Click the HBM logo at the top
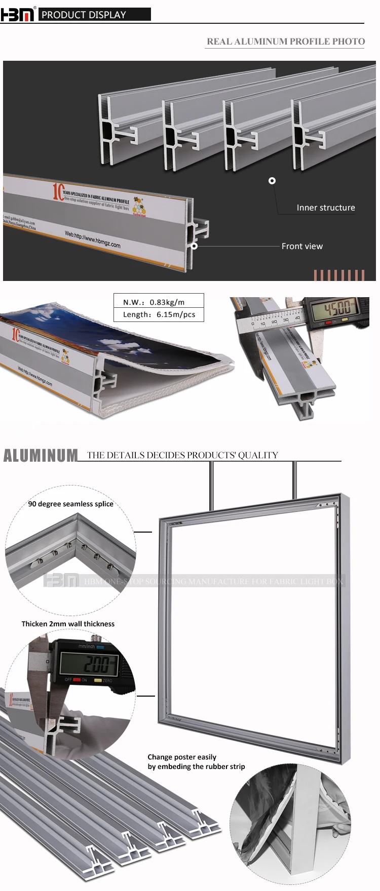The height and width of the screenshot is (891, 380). (x=18, y=14)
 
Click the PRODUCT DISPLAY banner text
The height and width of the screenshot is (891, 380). (x=84, y=15)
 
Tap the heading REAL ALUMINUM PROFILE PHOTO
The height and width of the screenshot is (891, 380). (x=286, y=42)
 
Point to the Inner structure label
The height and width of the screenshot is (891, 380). (x=326, y=208)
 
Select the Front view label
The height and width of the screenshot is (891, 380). (x=302, y=247)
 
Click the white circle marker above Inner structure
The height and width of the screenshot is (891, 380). (x=272, y=181)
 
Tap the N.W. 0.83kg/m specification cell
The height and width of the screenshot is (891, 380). (x=159, y=302)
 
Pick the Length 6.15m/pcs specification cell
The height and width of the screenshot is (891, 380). (x=159, y=314)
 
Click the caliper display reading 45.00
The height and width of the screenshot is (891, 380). (x=337, y=308)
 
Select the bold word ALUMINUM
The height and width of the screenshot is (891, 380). (x=41, y=456)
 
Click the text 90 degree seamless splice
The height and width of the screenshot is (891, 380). (x=71, y=504)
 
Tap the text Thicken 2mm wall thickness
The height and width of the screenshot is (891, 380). (x=68, y=624)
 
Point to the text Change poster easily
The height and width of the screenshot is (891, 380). (x=182, y=757)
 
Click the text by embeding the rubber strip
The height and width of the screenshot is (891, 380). (x=196, y=766)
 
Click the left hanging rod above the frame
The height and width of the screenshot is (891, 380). (x=211, y=486)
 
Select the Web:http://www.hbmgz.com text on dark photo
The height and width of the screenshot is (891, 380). (x=93, y=239)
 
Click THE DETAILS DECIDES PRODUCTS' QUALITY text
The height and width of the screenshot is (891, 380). (x=182, y=455)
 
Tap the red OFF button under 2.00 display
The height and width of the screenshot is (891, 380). (x=77, y=680)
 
